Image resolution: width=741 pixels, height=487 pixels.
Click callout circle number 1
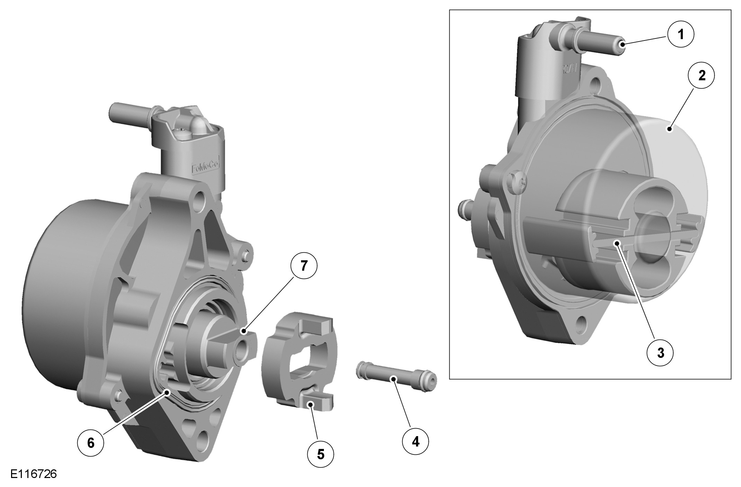point(681,35)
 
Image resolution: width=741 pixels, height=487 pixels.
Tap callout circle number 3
point(661,353)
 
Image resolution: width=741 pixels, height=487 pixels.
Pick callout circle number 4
point(415,441)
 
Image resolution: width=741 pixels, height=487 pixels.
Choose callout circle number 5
point(321,454)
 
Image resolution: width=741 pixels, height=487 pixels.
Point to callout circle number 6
point(90,443)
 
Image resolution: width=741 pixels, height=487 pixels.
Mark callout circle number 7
point(304,266)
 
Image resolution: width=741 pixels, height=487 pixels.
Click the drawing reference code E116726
point(34,474)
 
